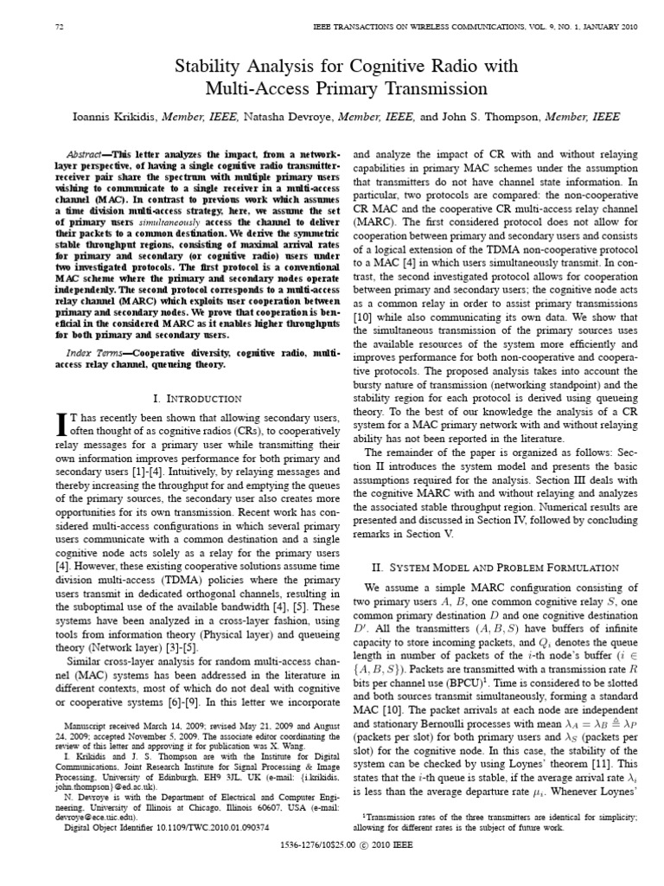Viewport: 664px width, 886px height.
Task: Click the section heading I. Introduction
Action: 196,398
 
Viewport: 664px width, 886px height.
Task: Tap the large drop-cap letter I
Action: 61,423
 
